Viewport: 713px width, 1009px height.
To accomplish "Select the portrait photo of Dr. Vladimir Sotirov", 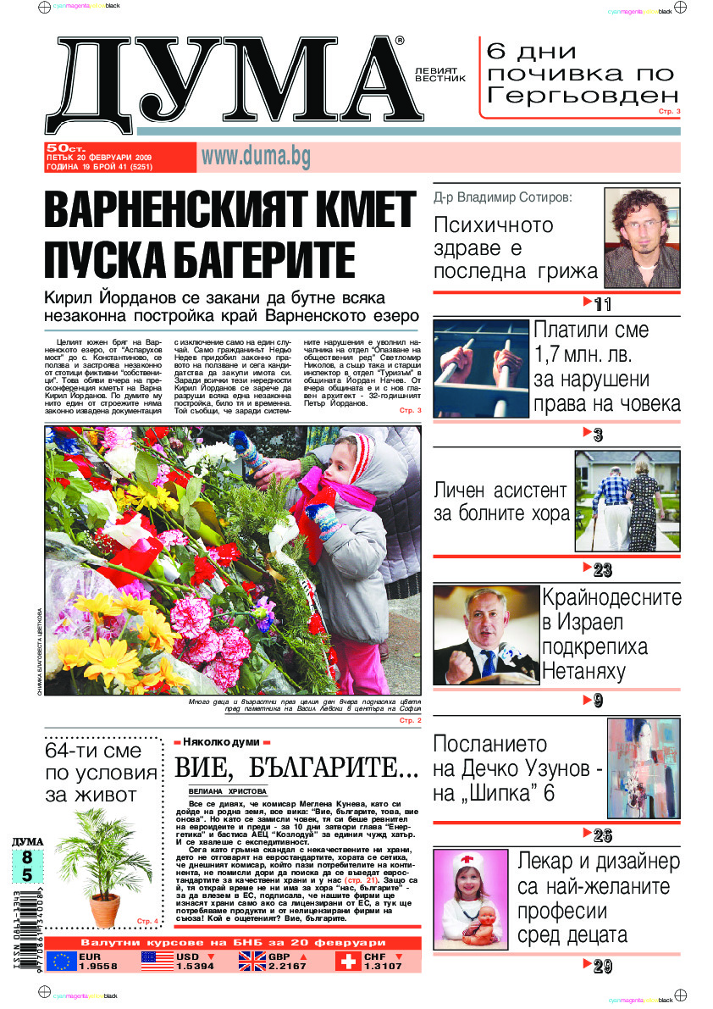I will click(641, 237).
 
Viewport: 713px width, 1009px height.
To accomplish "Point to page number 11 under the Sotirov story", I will click(603, 305).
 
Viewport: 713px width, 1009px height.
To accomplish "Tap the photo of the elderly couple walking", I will click(627, 501).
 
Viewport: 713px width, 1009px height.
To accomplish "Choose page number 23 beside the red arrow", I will click(603, 569).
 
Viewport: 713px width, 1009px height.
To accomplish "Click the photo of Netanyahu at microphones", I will click(486, 635).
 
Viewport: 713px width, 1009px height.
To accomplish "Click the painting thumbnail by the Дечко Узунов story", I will click(644, 768).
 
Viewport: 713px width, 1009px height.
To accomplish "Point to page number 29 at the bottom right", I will click(603, 967).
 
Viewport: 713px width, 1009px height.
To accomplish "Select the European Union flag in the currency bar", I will click(61, 961).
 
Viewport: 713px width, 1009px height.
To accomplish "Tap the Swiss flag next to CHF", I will click(348, 961).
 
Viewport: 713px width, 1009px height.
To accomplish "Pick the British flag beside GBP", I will click(251, 961).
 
